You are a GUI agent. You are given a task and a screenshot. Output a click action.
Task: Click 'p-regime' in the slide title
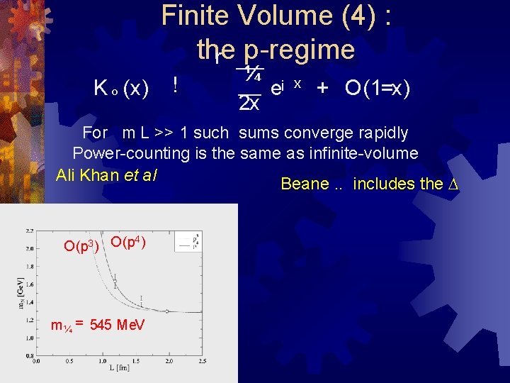click(x=298, y=50)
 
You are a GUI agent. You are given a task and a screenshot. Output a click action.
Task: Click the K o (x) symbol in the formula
click(x=121, y=89)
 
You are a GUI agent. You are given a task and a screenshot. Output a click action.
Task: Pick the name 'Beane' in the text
click(x=305, y=184)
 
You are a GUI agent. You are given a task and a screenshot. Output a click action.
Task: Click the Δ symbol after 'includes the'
click(x=454, y=184)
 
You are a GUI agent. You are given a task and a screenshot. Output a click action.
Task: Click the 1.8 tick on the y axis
click(x=28, y=267)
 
